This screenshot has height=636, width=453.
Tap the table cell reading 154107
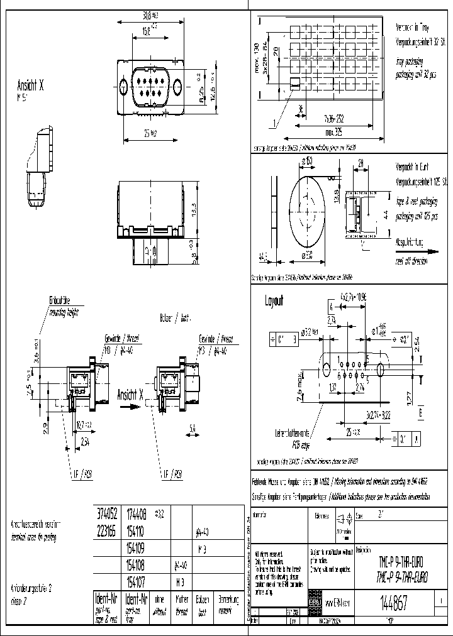137,581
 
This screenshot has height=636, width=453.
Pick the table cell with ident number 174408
137,513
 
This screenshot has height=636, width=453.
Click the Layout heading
274,301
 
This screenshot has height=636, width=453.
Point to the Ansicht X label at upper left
30,87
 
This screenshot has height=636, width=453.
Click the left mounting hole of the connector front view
125,87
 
